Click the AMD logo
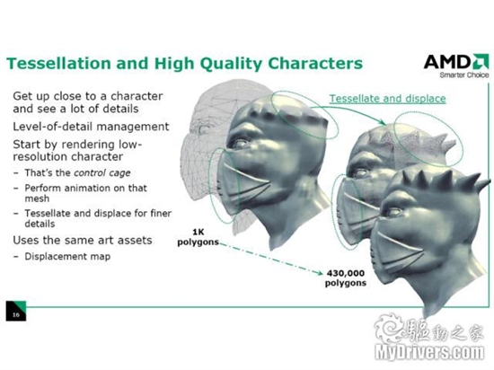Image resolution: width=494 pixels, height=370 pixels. point(456,62)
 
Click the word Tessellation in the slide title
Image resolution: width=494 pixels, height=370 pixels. point(59,63)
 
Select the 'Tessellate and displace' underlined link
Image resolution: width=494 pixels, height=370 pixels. point(387,99)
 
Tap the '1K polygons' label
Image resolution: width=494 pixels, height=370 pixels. point(198,237)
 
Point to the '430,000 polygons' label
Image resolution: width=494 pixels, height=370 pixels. point(346,277)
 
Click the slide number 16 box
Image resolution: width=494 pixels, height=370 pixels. point(16,311)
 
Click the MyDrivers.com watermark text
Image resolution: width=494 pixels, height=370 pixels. point(429,352)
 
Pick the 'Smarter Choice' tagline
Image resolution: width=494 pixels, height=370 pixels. point(464,75)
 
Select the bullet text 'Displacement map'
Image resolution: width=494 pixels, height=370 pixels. point(67,256)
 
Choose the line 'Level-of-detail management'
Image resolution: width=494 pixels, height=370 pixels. point(91,127)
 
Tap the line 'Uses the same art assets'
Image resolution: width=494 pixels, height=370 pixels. point(83,241)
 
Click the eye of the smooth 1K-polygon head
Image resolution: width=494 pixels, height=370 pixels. point(241,144)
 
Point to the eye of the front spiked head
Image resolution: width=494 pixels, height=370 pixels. point(393,212)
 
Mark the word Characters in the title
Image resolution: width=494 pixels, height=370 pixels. point(315,63)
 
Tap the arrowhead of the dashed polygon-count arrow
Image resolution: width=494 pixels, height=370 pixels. point(320,273)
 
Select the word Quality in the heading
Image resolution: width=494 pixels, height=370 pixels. point(231,64)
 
